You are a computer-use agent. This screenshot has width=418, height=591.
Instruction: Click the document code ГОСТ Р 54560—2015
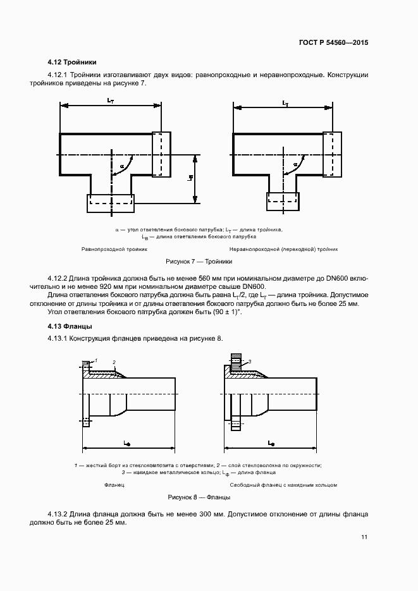(333, 42)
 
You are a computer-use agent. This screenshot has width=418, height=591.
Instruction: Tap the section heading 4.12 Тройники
(71, 62)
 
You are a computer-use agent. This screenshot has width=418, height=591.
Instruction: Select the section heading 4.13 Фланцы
(70, 326)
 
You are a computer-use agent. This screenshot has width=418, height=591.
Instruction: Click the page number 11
(364, 537)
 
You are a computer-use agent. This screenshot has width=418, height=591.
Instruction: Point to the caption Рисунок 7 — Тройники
(199, 261)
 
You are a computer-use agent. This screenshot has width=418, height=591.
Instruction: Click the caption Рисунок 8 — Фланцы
(199, 497)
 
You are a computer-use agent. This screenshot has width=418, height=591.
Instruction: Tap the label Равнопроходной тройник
(114, 249)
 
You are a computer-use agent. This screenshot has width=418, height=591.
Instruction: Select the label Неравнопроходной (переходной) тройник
(283, 249)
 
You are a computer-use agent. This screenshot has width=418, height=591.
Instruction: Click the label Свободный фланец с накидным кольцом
(283, 485)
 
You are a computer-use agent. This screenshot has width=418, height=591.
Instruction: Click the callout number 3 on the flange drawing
(250, 362)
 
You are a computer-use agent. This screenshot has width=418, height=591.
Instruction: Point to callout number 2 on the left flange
(114, 362)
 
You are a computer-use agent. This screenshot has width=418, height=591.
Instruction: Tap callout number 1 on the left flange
(96, 360)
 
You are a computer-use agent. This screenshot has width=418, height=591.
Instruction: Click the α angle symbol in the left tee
(121, 166)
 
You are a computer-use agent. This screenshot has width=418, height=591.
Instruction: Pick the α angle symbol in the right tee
(295, 164)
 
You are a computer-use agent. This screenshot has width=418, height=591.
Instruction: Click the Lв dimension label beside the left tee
(190, 178)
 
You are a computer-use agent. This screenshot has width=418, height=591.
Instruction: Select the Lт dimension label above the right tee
(285, 103)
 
